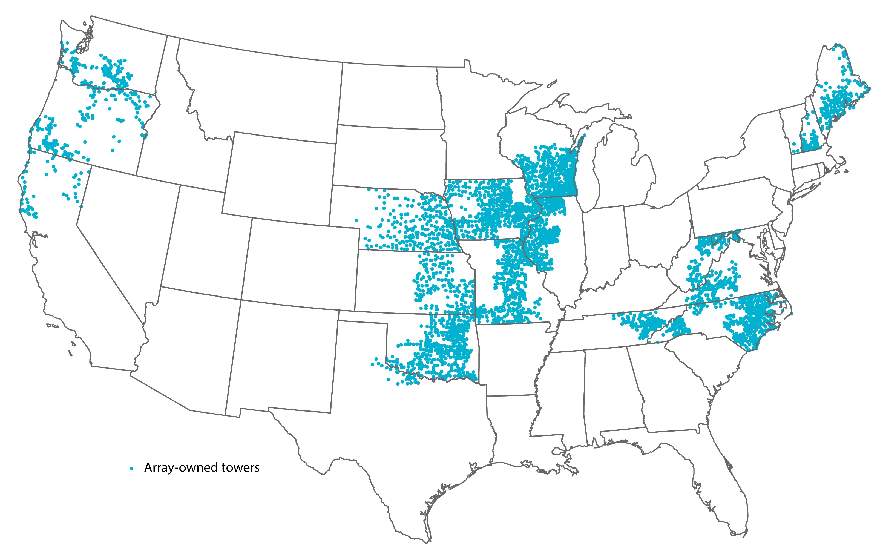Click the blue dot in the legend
coord(131,468)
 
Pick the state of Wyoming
coord(279,176)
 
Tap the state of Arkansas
coord(513,356)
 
